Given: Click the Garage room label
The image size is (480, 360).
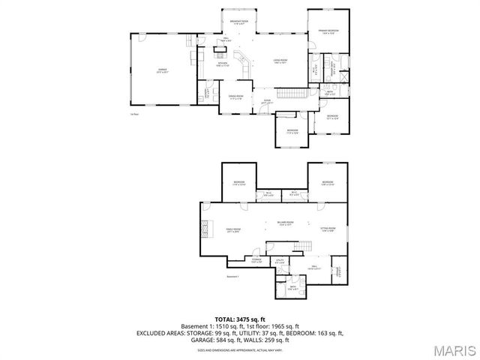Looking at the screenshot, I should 162,71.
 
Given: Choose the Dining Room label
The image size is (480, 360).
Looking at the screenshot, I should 236,97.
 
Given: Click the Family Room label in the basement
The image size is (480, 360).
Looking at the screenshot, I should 232,230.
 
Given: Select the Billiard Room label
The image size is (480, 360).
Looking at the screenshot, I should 283,223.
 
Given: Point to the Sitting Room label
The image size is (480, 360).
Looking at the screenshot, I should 328,229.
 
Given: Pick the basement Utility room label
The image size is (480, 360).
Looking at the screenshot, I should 279,262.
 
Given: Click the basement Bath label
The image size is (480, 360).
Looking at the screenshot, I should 293,288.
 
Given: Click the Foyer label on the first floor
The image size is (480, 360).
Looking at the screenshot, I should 267,102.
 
